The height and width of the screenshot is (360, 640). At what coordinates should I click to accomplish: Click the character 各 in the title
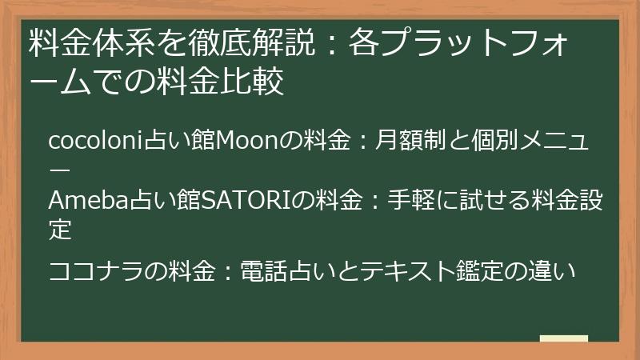coord(364,45)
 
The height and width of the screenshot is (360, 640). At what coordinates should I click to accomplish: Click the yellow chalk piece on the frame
coord(563,339)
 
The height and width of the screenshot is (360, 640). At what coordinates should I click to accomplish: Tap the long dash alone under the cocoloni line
coord(60,170)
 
